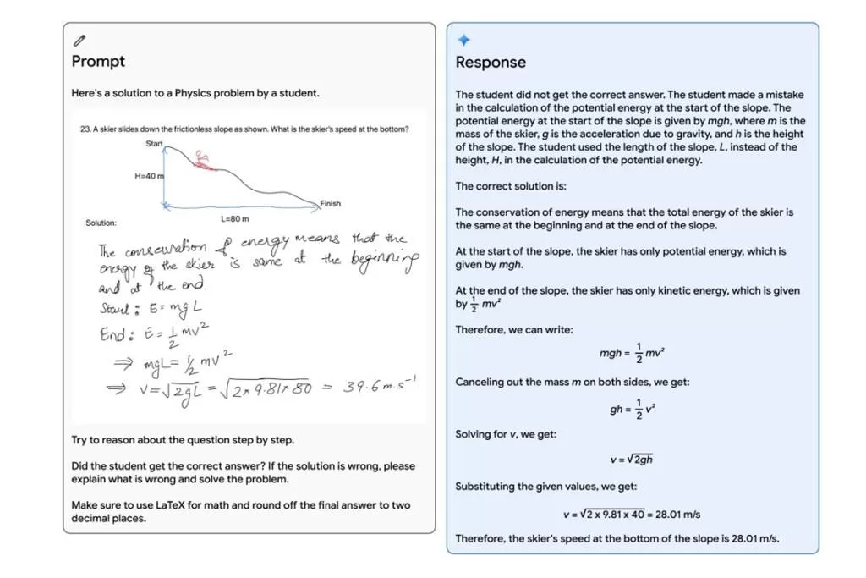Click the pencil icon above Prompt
click(79, 40)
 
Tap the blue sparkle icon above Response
click(463, 40)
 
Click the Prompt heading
click(98, 61)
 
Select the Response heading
click(491, 62)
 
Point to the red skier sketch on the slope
click(200, 159)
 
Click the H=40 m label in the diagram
click(149, 176)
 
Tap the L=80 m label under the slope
click(235, 218)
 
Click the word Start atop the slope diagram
click(154, 144)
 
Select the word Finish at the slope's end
click(330, 203)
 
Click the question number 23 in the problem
click(85, 129)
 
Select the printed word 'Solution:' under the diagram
click(101, 223)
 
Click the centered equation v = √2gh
click(631, 460)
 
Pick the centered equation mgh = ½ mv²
click(632, 353)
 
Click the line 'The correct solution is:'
click(511, 186)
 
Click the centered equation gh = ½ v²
click(632, 409)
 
